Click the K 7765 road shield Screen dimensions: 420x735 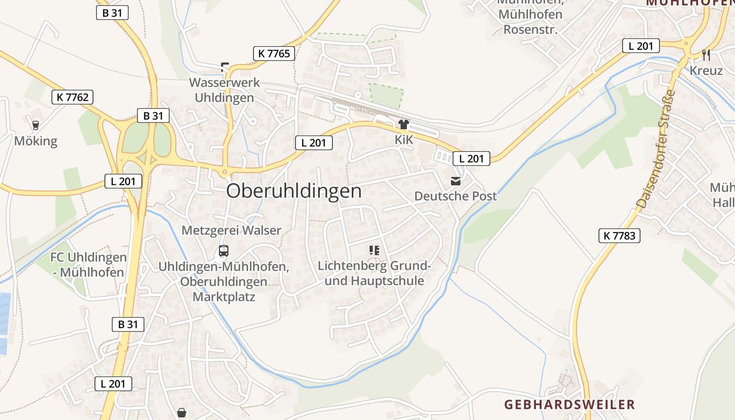pyautogui.click(x=274, y=53)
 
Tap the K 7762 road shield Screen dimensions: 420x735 pyautogui.click(x=73, y=97)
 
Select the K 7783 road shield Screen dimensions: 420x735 pyautogui.click(x=619, y=236)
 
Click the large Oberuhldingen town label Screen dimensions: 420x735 pyautogui.click(x=294, y=191)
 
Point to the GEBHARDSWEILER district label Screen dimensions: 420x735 pyautogui.click(x=570, y=405)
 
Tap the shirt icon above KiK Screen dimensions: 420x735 pyautogui.click(x=404, y=124)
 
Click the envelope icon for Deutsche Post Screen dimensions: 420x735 pyautogui.click(x=456, y=181)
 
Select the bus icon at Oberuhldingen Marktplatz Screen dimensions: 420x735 pyautogui.click(x=224, y=251)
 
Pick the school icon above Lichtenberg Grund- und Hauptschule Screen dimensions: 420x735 pyautogui.click(x=374, y=250)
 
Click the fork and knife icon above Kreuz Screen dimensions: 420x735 pyautogui.click(x=706, y=55)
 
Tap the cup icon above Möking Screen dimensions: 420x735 pyautogui.click(x=36, y=125)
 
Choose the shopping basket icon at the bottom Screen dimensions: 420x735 pyautogui.click(x=182, y=413)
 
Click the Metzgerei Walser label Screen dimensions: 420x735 pyautogui.click(x=232, y=230)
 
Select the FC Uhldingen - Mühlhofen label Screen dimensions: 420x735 pyautogui.click(x=89, y=265)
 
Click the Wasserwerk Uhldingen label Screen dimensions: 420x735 pyautogui.click(x=224, y=90)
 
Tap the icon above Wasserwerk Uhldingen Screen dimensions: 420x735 pyautogui.click(x=225, y=67)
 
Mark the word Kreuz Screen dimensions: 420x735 pyautogui.click(x=706, y=70)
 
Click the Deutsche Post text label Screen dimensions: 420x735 pyautogui.click(x=456, y=196)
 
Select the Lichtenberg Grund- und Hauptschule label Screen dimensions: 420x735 pyautogui.click(x=374, y=274)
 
